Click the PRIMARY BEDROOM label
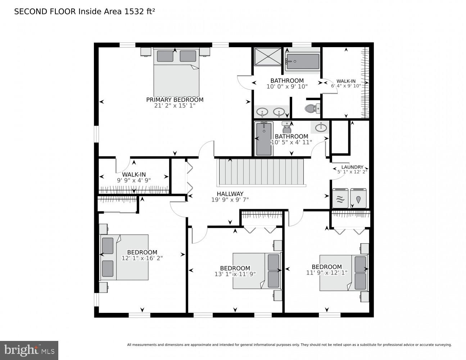tap(175, 100)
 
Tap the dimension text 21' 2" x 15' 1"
tap(175, 106)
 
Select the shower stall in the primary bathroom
tap(268, 57)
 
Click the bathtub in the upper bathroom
tap(303, 61)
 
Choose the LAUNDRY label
tap(352, 167)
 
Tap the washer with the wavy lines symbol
tap(340, 198)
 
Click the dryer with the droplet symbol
tap(358, 198)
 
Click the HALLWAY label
tap(230, 194)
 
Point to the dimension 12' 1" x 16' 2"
tap(142, 258)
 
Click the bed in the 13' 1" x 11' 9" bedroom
tap(257, 271)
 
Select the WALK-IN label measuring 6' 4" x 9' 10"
tap(346, 81)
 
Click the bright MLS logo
tap(29, 350)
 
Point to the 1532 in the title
tap(134, 12)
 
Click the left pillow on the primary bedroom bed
tap(165, 56)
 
